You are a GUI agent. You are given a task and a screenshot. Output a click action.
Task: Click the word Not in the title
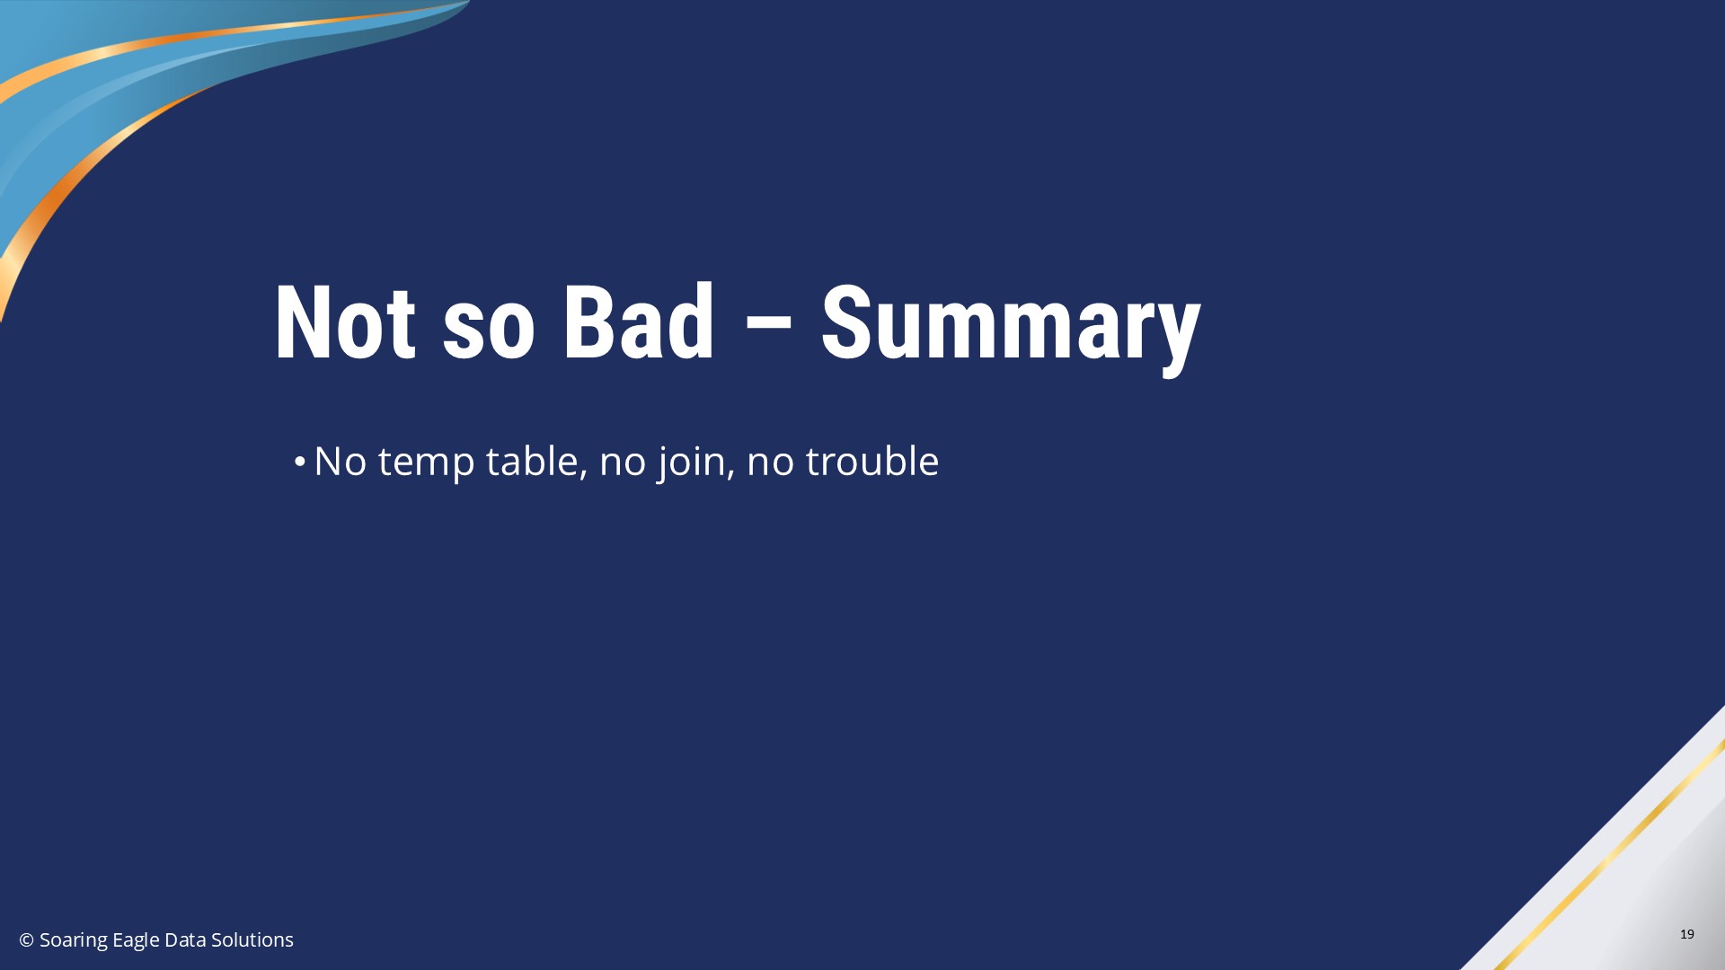345,322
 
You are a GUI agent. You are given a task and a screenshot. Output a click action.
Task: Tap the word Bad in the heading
639,322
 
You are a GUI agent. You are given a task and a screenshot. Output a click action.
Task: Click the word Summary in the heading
1011,328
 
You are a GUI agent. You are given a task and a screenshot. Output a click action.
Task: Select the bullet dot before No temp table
299,463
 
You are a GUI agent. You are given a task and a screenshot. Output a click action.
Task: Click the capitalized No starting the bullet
341,461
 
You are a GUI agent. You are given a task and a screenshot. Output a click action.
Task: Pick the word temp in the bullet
426,464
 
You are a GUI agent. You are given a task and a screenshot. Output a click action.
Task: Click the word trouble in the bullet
871,461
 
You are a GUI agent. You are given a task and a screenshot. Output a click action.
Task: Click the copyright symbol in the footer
27,940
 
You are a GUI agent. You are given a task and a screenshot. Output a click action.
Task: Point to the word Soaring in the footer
74,941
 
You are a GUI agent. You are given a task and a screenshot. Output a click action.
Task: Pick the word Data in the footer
185,940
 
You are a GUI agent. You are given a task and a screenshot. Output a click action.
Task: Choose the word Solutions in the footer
252,940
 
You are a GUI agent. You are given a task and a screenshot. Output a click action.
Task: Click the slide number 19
1687,934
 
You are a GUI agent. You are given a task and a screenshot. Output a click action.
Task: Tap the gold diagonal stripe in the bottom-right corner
1608,853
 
